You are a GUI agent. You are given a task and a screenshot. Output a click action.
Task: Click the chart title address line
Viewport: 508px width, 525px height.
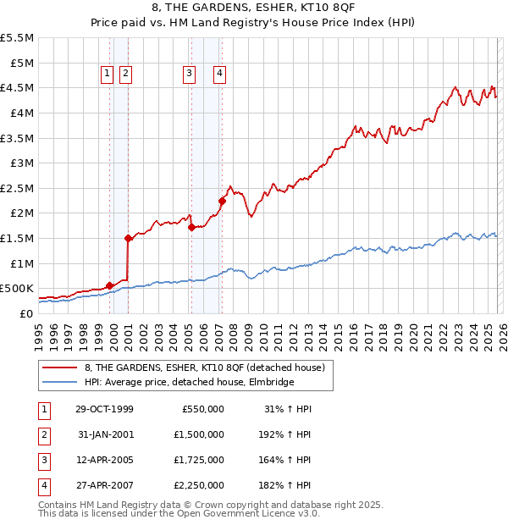click(x=254, y=8)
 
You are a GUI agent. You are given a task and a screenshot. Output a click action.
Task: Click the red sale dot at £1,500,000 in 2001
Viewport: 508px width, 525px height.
click(x=128, y=239)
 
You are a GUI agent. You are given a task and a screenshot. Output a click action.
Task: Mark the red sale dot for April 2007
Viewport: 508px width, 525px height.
click(x=222, y=202)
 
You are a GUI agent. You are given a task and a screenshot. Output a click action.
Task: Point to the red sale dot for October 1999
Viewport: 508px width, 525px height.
click(x=110, y=286)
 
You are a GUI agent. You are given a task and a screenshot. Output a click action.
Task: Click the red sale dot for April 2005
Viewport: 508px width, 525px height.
click(x=191, y=227)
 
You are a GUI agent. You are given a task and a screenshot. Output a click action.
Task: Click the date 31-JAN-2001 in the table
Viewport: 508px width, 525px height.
click(x=104, y=434)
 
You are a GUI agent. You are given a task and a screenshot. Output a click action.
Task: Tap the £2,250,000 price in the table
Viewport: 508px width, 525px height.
click(x=203, y=485)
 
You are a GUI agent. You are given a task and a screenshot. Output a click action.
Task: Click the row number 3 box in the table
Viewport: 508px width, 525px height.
click(x=43, y=460)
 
